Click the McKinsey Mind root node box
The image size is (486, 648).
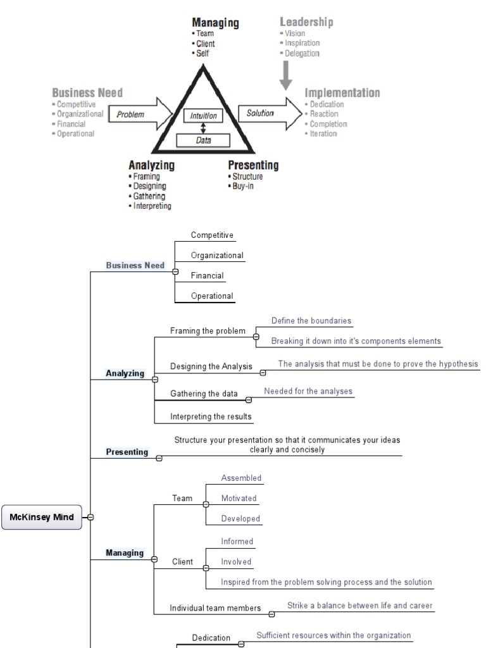coord(42,517)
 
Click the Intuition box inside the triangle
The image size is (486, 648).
coord(203,116)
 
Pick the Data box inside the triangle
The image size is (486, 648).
coord(203,141)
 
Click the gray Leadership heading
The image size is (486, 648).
coord(306,22)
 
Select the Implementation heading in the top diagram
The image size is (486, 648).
coord(342,93)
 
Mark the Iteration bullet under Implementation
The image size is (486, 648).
coord(323,134)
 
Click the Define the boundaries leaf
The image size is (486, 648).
coord(311,321)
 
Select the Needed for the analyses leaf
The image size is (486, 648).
coord(308,391)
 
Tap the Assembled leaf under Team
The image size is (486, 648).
coord(241,478)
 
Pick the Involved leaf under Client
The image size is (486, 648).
coord(236,561)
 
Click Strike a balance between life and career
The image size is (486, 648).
coord(359,606)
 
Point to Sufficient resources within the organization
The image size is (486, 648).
coord(333,635)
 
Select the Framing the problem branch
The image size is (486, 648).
coord(208,331)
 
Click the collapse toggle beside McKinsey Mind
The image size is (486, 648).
coord(90,517)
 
